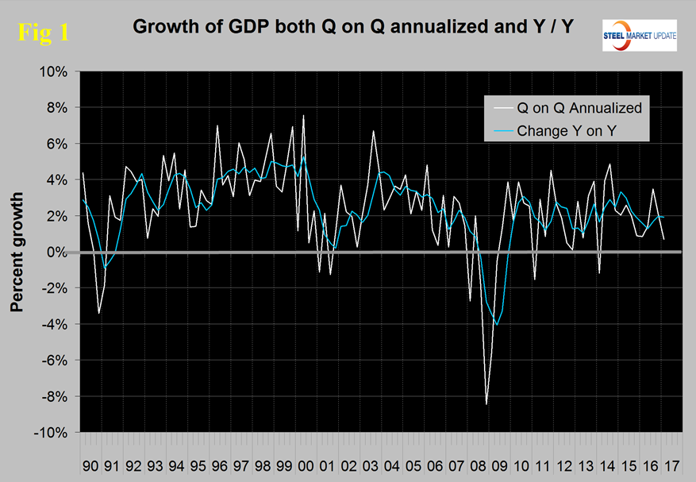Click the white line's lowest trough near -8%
click(x=486, y=404)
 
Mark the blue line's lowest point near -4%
click(x=497, y=325)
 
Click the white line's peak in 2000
click(x=302, y=116)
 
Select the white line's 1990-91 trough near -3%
click(x=98, y=313)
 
